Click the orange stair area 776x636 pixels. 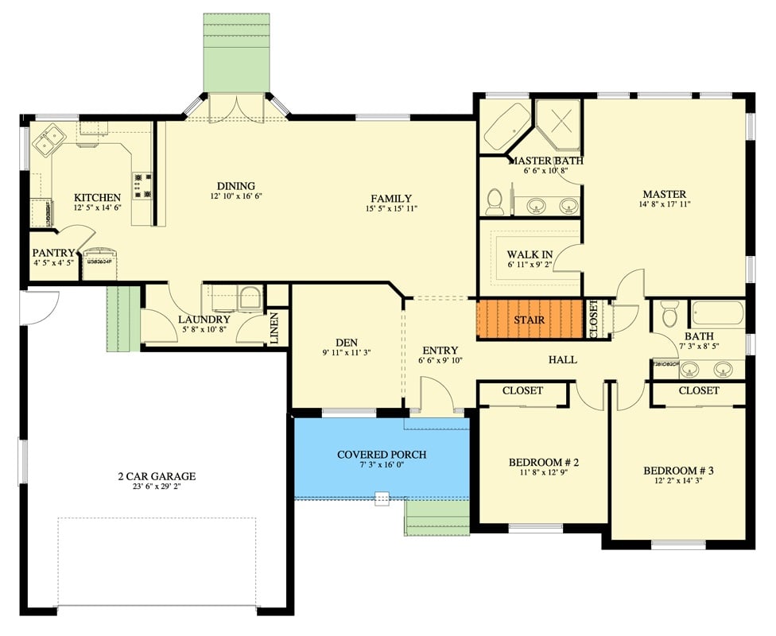(x=530, y=320)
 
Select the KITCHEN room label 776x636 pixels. (x=97, y=198)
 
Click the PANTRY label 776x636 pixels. (x=53, y=253)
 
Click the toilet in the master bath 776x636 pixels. (x=495, y=202)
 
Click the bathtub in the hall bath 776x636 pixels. (x=716, y=313)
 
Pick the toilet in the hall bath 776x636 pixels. (x=669, y=314)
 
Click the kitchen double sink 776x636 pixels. (x=48, y=141)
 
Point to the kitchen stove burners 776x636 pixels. (x=143, y=185)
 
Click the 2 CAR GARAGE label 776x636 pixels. (x=156, y=477)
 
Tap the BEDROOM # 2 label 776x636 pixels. (x=543, y=462)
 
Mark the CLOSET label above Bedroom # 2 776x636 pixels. (x=522, y=390)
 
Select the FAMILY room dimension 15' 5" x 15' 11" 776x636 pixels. (x=390, y=208)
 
